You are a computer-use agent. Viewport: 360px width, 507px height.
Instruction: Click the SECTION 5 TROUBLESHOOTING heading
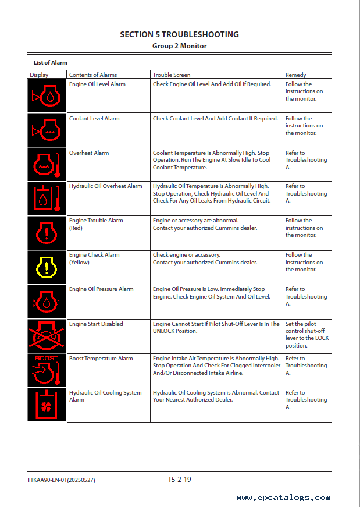[x=179, y=34]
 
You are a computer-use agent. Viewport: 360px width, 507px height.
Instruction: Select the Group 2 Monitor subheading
[x=179, y=45]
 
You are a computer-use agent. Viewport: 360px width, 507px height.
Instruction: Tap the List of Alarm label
[x=50, y=62]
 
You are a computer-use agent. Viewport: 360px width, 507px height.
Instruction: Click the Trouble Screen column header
[x=171, y=75]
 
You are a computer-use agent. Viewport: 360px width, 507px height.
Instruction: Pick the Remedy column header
[x=295, y=75]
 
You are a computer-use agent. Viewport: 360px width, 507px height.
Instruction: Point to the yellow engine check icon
[x=47, y=267]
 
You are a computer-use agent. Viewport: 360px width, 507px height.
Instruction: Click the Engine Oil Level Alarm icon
[x=47, y=96]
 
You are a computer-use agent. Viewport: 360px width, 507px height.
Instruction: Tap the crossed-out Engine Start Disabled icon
[x=47, y=336]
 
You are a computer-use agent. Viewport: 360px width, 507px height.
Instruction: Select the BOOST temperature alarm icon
[x=47, y=370]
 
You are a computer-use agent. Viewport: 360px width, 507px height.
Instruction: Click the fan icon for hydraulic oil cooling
[x=47, y=405]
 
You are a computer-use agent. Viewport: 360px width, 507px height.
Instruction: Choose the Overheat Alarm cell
[x=89, y=153]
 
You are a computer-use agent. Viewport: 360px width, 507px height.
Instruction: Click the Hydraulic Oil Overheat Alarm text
[x=105, y=186]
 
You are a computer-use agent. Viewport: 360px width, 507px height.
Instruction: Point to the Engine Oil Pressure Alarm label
[x=101, y=289]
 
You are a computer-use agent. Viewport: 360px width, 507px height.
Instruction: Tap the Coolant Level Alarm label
[x=94, y=119]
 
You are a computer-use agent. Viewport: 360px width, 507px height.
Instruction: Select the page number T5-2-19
[x=180, y=480]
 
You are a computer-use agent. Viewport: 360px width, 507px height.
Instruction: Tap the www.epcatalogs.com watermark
[x=283, y=498]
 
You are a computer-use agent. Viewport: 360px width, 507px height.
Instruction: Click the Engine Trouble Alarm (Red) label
[x=96, y=224]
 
